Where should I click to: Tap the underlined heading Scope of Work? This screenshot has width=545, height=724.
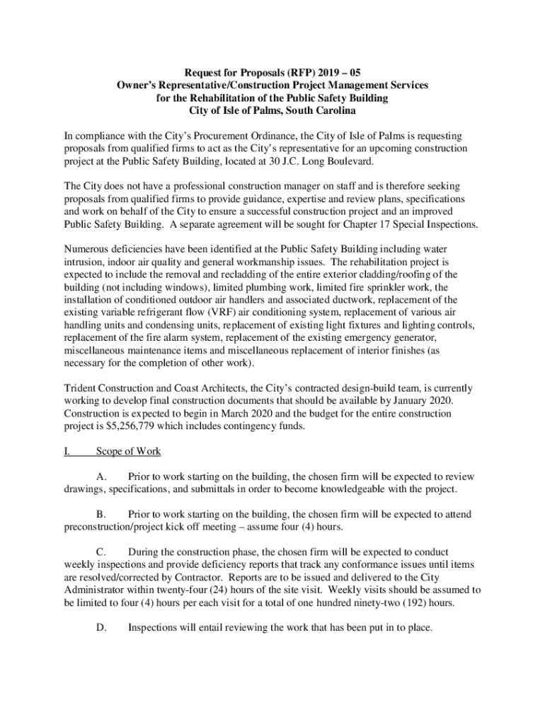coord(128,451)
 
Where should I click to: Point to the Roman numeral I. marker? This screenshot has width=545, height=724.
coord(69,451)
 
